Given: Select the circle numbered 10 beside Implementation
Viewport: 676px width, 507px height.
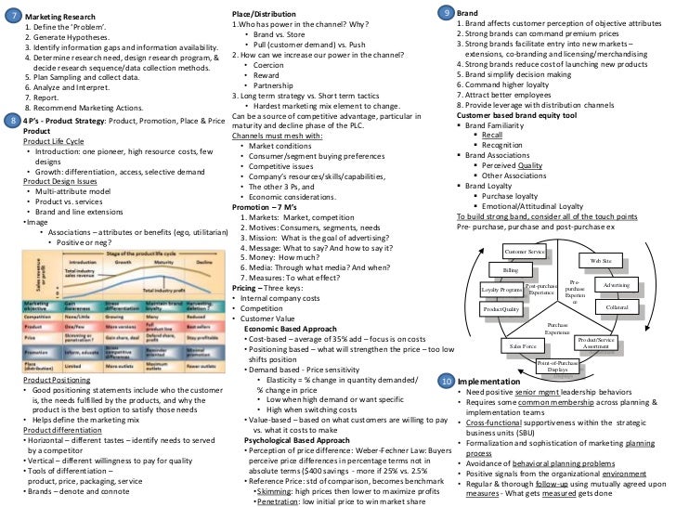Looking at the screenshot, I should pyautogui.click(x=446, y=381).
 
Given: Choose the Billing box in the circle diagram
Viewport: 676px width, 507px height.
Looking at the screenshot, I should pyautogui.click(x=511, y=269).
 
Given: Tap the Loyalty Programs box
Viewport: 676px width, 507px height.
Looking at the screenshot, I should pyautogui.click(x=501, y=290).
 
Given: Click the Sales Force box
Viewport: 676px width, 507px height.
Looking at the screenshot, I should pyautogui.click(x=524, y=345).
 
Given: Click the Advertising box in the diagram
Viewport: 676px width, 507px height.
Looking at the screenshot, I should pyautogui.click(x=617, y=284).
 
